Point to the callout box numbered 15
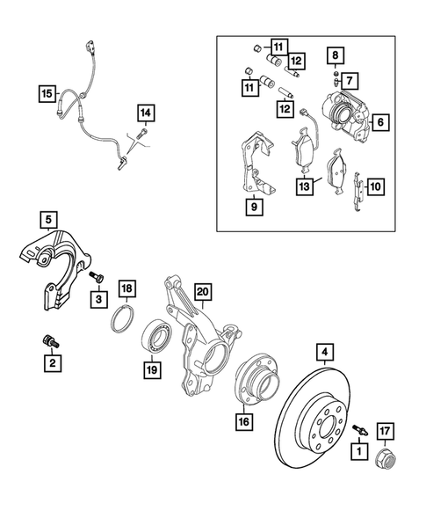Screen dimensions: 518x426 47,91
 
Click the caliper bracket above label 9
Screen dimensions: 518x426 254,167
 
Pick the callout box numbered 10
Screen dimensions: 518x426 375,186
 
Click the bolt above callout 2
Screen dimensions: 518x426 49,339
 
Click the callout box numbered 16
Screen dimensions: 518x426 243,421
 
